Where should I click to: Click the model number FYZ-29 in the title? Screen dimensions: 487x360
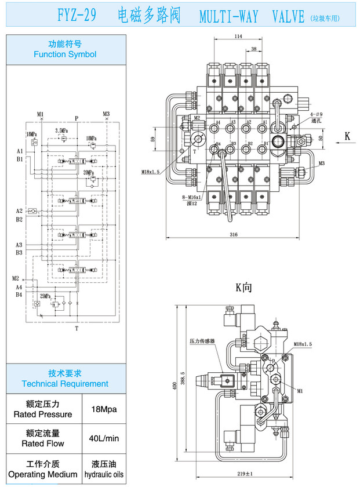click(77, 16)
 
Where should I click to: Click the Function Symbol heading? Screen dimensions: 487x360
click(65, 50)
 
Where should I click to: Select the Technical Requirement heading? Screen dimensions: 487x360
click(65, 379)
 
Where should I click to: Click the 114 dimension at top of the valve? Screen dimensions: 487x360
click(238, 37)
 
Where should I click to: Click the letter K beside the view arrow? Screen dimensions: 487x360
click(347, 137)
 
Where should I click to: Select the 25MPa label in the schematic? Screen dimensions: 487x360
click(45, 296)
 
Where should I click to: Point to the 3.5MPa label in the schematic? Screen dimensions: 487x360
click(62, 130)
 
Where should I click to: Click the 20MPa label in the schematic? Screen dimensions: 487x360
click(88, 172)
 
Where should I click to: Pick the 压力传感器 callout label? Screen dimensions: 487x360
click(202, 341)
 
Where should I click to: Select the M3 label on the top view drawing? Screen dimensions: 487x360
click(321, 163)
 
